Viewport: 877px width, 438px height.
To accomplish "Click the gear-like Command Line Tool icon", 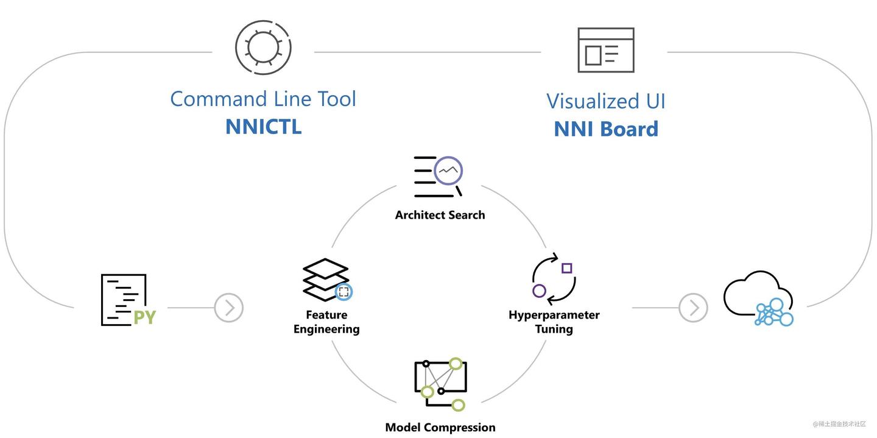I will click(263, 48).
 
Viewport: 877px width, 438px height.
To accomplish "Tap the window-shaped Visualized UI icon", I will click(605, 50).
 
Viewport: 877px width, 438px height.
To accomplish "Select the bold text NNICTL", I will click(263, 126).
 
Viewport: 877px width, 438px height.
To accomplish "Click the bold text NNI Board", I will click(605, 129).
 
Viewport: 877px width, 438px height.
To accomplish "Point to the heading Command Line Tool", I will click(263, 99).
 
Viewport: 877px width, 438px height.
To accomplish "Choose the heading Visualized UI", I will click(605, 101).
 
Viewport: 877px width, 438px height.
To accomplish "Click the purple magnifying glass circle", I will click(448, 171).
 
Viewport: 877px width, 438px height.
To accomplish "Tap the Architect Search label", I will click(440, 215).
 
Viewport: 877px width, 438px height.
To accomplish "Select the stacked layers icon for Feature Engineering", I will click(326, 280).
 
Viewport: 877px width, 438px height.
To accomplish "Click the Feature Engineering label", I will click(326, 322).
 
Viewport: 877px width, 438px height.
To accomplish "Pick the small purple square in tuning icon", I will click(566, 268).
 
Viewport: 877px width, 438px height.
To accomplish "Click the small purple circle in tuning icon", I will click(539, 291).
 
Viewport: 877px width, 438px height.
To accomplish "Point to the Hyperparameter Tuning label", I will click(554, 322).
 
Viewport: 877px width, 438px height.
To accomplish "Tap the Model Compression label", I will click(440, 427).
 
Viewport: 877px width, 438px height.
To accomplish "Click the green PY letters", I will click(144, 317).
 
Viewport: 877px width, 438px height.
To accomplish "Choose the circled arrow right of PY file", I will click(229, 308).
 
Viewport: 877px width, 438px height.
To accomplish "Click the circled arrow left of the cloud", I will click(693, 308).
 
